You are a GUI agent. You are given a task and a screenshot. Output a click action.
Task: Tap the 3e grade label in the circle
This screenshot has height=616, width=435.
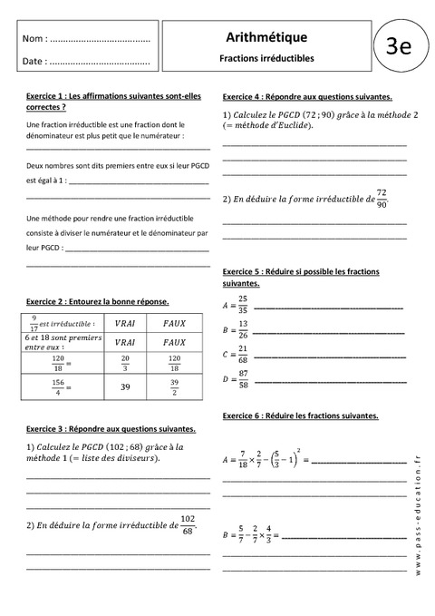point(399,46)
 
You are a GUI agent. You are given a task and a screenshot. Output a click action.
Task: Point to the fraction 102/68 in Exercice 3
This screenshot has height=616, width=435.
point(187,524)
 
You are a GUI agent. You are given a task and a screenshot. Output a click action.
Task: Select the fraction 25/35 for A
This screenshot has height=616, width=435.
point(243,304)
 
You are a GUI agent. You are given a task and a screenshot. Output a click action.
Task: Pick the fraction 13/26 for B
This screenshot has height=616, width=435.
point(243,327)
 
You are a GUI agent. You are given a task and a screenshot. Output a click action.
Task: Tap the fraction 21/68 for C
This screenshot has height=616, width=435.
point(243,352)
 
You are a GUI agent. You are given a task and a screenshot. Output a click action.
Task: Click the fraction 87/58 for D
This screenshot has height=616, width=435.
point(244,376)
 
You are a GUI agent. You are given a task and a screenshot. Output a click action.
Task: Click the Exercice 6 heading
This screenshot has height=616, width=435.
point(300,416)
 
